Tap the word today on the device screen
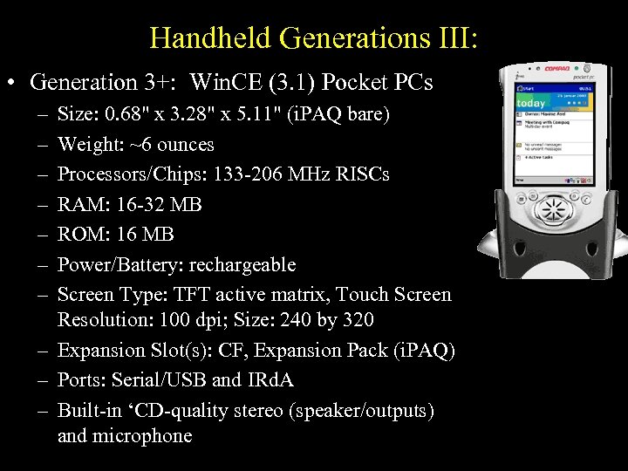tap(531, 104)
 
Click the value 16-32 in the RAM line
tap(141, 204)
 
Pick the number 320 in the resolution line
tap(358, 320)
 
